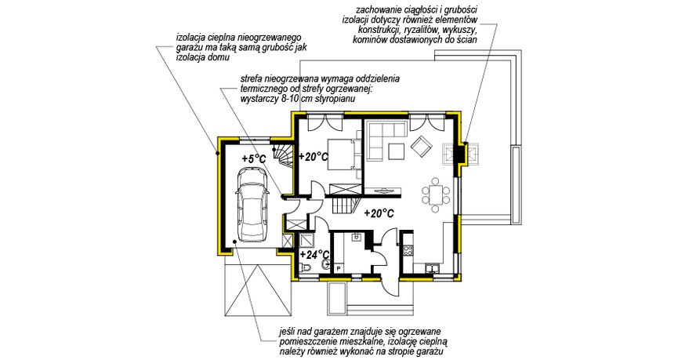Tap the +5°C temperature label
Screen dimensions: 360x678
pyautogui.click(x=254, y=158)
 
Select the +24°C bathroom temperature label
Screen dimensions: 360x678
pyautogui.click(x=314, y=253)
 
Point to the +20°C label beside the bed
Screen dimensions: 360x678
pyautogui.click(x=313, y=157)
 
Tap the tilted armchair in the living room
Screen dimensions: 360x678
pyautogui.click(x=422, y=145)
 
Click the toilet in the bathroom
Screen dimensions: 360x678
pyautogui.click(x=306, y=268)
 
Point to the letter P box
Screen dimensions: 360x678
pyautogui.click(x=339, y=268)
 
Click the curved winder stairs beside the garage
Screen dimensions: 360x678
pyautogui.click(x=282, y=155)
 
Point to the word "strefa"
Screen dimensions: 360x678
pyautogui.click(x=256, y=80)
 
